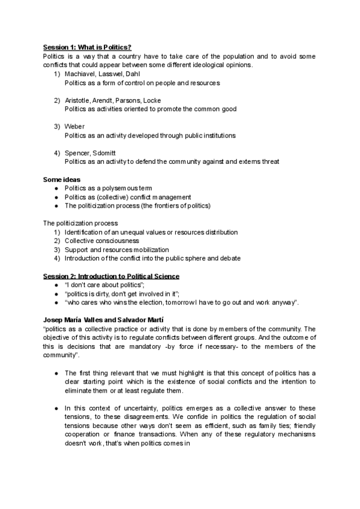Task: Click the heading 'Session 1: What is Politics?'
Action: click(x=87, y=47)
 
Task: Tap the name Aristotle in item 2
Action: click(x=77, y=100)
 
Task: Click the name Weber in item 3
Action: click(x=74, y=127)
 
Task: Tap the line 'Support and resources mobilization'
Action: click(x=116, y=250)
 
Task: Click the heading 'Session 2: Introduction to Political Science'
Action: click(x=111, y=276)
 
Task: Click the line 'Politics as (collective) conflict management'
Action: click(x=128, y=197)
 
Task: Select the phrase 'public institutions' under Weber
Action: click(x=211, y=136)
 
